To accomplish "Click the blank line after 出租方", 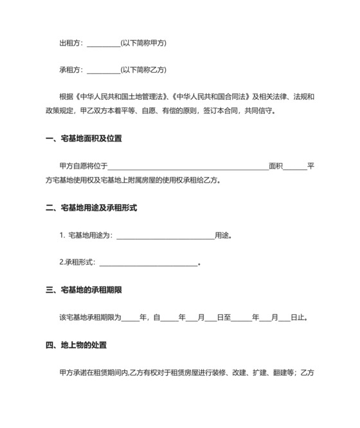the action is click(x=103, y=44).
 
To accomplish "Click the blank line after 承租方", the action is click(x=103, y=70).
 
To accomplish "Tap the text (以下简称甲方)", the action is click(x=143, y=43).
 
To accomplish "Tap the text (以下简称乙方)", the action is click(x=143, y=70).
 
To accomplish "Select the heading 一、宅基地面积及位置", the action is click(x=84, y=138).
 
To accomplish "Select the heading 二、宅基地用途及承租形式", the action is click(x=91, y=208).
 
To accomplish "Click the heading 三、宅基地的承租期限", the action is click(x=84, y=290).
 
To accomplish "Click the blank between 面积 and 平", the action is click(x=294, y=167).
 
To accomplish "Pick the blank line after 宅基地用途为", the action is click(x=165, y=236).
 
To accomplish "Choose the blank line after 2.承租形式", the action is click(x=148, y=263).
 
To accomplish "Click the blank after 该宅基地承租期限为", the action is click(x=130, y=318).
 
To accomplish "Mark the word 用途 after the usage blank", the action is click(x=222, y=235).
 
